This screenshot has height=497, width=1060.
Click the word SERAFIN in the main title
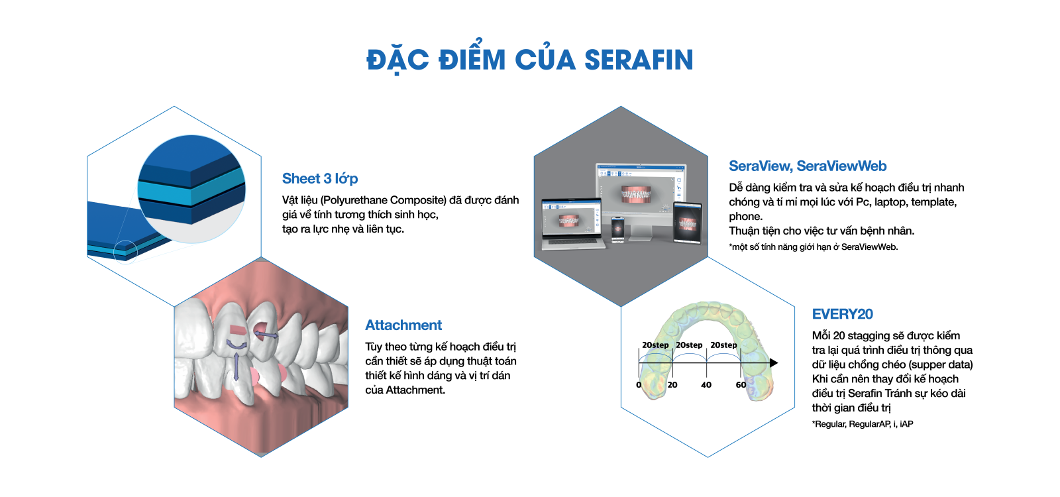[639, 60]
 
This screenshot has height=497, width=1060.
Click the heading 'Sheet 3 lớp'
[320, 178]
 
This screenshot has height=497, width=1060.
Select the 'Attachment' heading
[403, 325]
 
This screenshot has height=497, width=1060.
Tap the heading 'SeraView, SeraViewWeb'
[808, 166]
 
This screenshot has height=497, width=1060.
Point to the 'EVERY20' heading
[842, 314]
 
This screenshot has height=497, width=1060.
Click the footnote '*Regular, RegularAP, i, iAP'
[863, 424]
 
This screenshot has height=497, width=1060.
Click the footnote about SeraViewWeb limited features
[814, 247]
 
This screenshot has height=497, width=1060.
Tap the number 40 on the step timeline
[706, 385]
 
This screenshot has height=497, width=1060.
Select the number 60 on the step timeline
[741, 385]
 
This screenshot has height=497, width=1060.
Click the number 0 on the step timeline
[639, 385]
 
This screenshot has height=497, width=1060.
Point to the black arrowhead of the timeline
[774, 363]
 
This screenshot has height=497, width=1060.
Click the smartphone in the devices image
[617, 229]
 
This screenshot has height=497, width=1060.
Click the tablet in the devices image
[688, 223]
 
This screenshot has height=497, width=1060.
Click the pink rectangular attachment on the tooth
[237, 330]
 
